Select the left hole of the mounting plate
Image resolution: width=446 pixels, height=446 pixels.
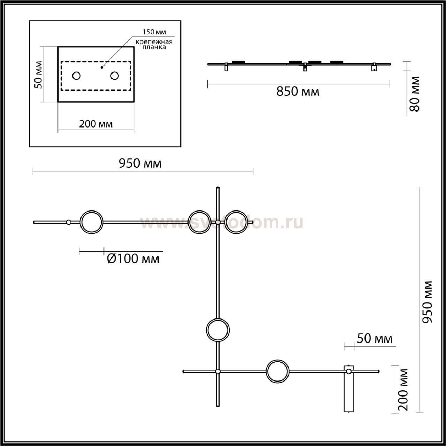pyautogui.click(x=76, y=76)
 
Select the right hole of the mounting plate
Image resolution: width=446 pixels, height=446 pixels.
pyautogui.click(x=115, y=76)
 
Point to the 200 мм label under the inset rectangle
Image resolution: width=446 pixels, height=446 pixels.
pyautogui.click(x=96, y=124)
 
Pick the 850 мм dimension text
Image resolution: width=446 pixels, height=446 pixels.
pyautogui.click(x=298, y=92)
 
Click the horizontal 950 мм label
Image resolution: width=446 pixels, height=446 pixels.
pyautogui.click(x=140, y=163)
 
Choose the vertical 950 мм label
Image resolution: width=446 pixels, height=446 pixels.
pyautogui.click(x=428, y=301)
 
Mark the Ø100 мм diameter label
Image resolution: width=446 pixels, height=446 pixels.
pyautogui.click(x=133, y=259)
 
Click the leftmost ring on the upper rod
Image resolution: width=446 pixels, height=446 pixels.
pyautogui.click(x=92, y=222)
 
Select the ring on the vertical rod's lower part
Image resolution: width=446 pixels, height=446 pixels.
pyautogui.click(x=218, y=330)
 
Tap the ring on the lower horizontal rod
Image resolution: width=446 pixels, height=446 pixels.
pyautogui.click(x=277, y=371)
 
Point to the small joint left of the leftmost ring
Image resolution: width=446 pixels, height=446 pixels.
pyautogui.click(x=69, y=222)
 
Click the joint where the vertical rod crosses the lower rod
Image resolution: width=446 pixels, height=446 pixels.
pyautogui.click(x=218, y=371)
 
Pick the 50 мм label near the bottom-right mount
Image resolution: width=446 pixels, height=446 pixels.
pyautogui.click(x=375, y=338)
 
